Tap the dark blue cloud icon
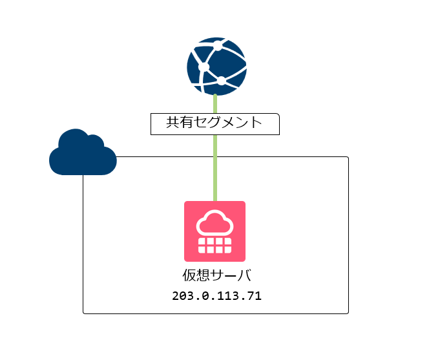tap(82, 153)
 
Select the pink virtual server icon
tap(214, 231)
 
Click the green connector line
tap(215, 168)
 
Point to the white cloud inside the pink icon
tap(214, 223)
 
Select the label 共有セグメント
tap(214, 123)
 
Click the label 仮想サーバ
tap(216, 275)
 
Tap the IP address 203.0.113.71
tap(216, 297)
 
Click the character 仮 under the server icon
tap(190, 275)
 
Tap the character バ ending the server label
tap(244, 275)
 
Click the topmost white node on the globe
tap(218, 45)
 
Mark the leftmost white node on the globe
tap(204, 67)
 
